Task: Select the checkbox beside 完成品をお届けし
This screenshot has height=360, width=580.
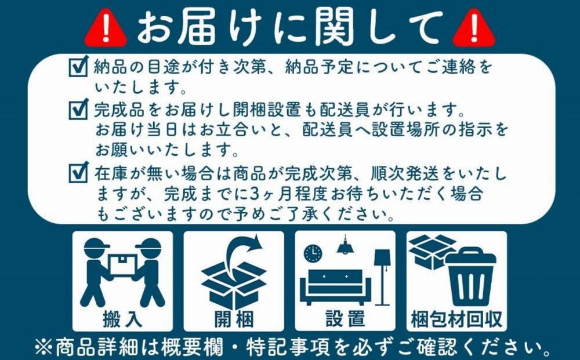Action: (78, 108)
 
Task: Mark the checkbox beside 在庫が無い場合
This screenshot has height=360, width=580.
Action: (78, 173)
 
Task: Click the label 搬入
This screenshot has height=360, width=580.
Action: (122, 318)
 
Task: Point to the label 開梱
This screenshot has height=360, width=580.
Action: (233, 318)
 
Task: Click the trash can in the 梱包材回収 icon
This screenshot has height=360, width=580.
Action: (470, 277)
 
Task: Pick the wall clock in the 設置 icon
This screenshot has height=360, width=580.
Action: (313, 253)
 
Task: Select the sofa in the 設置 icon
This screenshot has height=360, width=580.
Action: (335, 285)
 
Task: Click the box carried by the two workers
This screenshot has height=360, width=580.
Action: (122, 265)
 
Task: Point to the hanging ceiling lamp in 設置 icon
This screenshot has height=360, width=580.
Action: (346, 246)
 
